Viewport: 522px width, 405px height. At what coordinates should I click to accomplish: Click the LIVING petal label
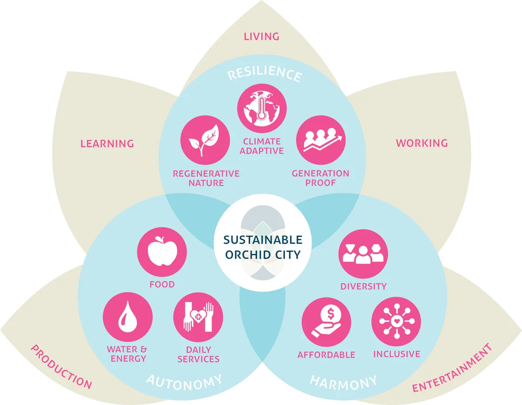tap(261, 37)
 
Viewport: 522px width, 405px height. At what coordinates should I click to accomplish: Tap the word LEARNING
tap(107, 143)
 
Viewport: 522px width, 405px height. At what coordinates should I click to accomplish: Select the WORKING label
tap(422, 143)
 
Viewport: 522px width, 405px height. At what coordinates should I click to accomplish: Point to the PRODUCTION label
tap(61, 367)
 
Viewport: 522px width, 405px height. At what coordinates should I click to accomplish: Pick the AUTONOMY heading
tap(184, 382)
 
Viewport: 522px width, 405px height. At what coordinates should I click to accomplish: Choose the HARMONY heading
tap(343, 382)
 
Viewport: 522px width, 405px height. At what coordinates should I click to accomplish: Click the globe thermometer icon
tap(262, 108)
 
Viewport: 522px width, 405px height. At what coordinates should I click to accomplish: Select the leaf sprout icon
tap(205, 140)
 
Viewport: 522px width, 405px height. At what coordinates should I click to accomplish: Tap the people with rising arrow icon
tap(321, 140)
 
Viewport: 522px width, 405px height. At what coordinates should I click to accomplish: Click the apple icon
tap(162, 252)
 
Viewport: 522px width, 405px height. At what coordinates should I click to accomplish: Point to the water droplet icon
tap(128, 317)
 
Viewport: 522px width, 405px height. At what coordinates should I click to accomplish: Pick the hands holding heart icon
tap(198, 317)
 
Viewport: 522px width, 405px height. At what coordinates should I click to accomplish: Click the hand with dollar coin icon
tap(326, 322)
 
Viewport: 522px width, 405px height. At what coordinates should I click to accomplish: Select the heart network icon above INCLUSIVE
tap(396, 322)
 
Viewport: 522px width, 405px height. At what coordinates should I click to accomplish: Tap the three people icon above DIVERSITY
tap(363, 254)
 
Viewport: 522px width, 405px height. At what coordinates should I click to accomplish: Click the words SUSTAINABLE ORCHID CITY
tap(263, 247)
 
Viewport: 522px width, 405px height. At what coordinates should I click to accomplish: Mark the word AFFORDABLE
tap(326, 355)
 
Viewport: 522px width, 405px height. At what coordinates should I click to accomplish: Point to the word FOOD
tap(162, 284)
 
